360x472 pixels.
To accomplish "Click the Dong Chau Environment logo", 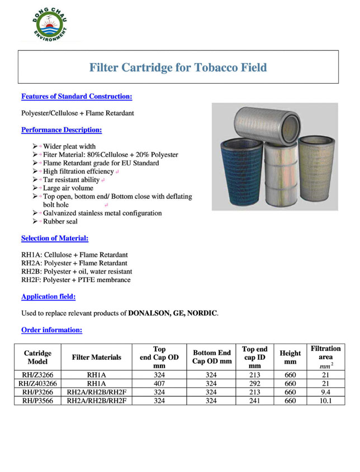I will point(50,25).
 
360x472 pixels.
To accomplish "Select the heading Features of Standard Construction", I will point(77,97).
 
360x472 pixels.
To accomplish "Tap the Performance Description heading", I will point(61,130).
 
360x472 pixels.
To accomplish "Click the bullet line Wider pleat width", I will point(69,146).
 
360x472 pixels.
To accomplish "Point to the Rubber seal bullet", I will point(60,222).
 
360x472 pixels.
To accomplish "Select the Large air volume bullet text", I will point(68,188).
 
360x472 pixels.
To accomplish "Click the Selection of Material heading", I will point(55,239).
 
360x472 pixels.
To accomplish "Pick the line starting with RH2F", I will point(76,280).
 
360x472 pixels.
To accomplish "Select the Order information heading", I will point(52,330).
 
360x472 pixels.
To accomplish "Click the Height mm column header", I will point(290,357).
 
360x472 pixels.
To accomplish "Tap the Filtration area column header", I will point(325,357).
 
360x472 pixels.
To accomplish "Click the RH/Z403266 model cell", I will point(37,384).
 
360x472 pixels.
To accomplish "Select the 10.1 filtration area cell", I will point(325,401).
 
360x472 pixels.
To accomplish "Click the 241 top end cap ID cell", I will point(254,401).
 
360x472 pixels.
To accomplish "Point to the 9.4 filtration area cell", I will point(325,392).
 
